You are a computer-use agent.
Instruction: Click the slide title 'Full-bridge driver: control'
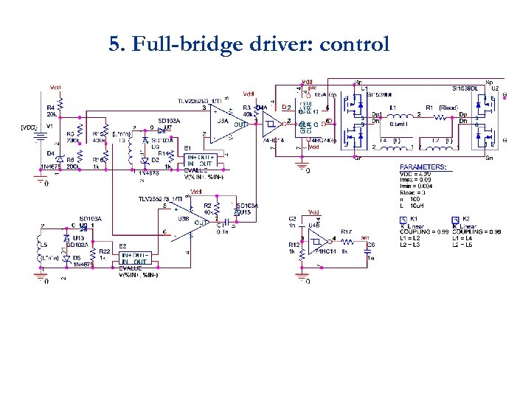[249, 45]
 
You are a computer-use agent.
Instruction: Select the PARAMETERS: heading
[423, 167]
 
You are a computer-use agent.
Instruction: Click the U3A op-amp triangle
[221, 121]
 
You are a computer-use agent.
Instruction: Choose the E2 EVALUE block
[133, 258]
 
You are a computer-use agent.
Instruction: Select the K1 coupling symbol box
[403, 220]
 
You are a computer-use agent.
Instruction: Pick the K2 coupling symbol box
[455, 220]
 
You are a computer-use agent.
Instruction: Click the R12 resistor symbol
[301, 251]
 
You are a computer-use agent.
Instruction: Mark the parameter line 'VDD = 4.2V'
[417, 175]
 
